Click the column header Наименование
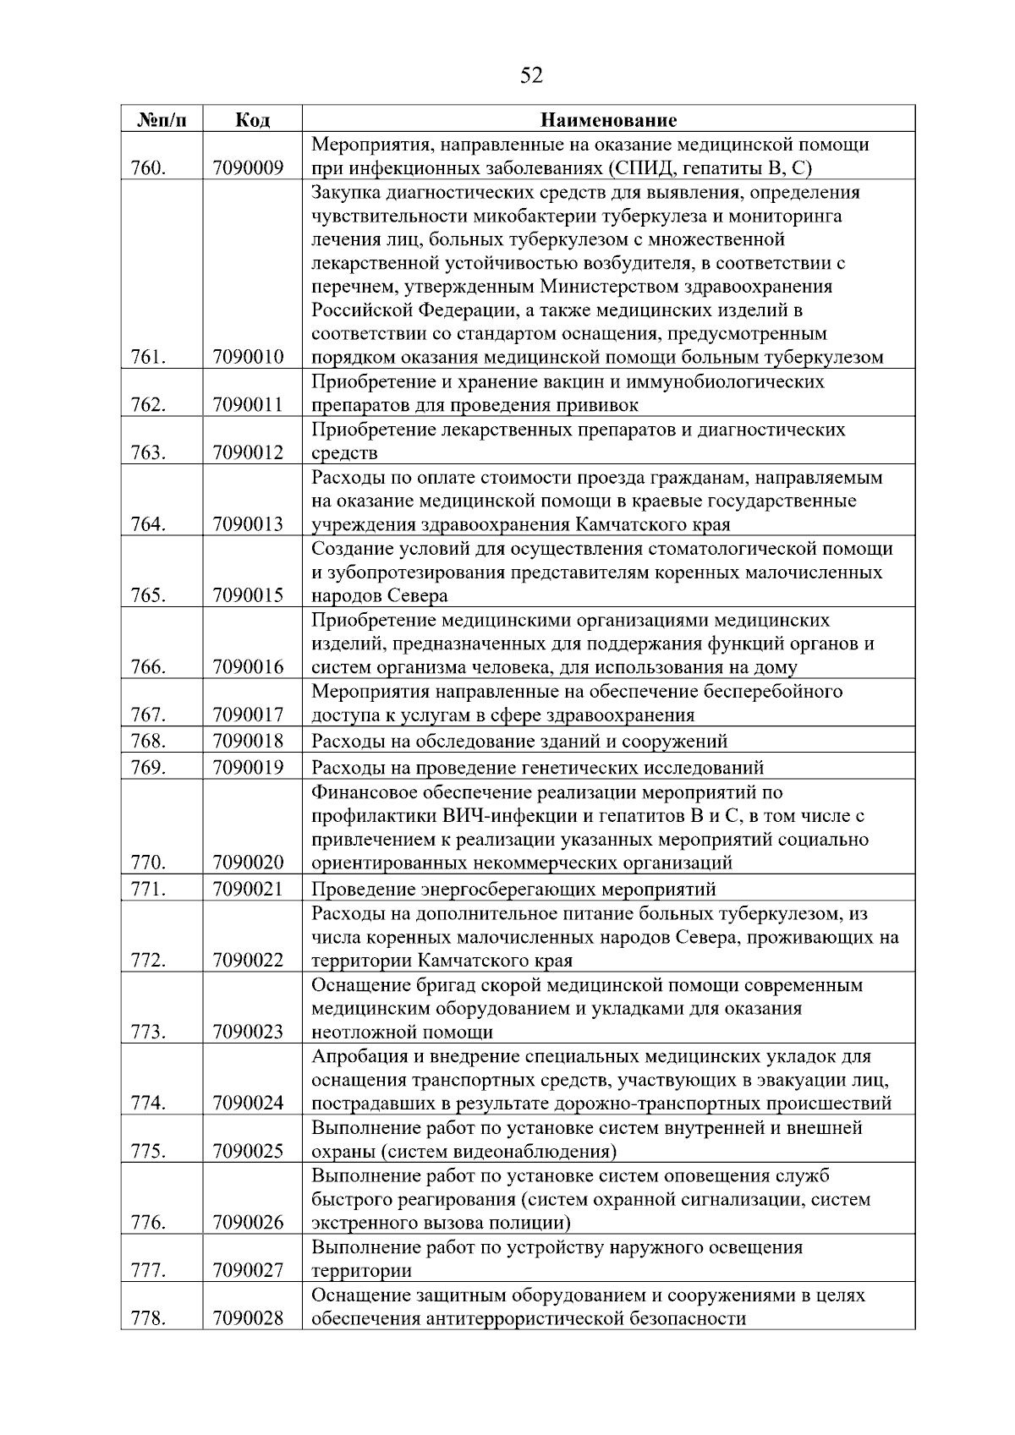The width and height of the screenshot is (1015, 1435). (x=608, y=120)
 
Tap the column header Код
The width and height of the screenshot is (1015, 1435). (x=251, y=120)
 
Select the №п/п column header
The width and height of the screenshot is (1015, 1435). (x=161, y=120)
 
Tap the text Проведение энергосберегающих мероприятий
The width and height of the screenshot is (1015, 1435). (x=513, y=890)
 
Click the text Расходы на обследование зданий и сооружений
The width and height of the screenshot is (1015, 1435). (x=519, y=742)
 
